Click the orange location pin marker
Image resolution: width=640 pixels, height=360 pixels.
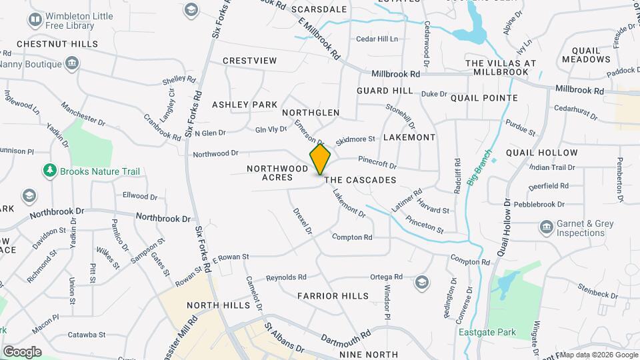tap(320, 159)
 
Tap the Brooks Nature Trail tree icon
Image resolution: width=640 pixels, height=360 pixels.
tap(49, 171)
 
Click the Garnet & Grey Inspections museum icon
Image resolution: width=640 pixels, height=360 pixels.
tap(546, 228)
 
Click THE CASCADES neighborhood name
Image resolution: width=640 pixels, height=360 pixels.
tap(360, 180)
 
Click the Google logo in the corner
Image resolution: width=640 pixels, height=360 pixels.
tap(22, 351)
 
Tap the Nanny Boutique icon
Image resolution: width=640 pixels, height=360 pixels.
tap(72, 65)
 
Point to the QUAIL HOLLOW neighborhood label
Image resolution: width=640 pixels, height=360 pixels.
tap(541, 153)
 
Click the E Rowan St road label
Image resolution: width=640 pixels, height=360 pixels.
tap(231, 257)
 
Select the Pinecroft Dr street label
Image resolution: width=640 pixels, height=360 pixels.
tap(377, 163)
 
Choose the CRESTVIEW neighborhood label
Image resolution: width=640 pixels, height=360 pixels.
tap(249, 61)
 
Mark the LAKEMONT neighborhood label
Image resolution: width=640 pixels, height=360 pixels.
tap(409, 137)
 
